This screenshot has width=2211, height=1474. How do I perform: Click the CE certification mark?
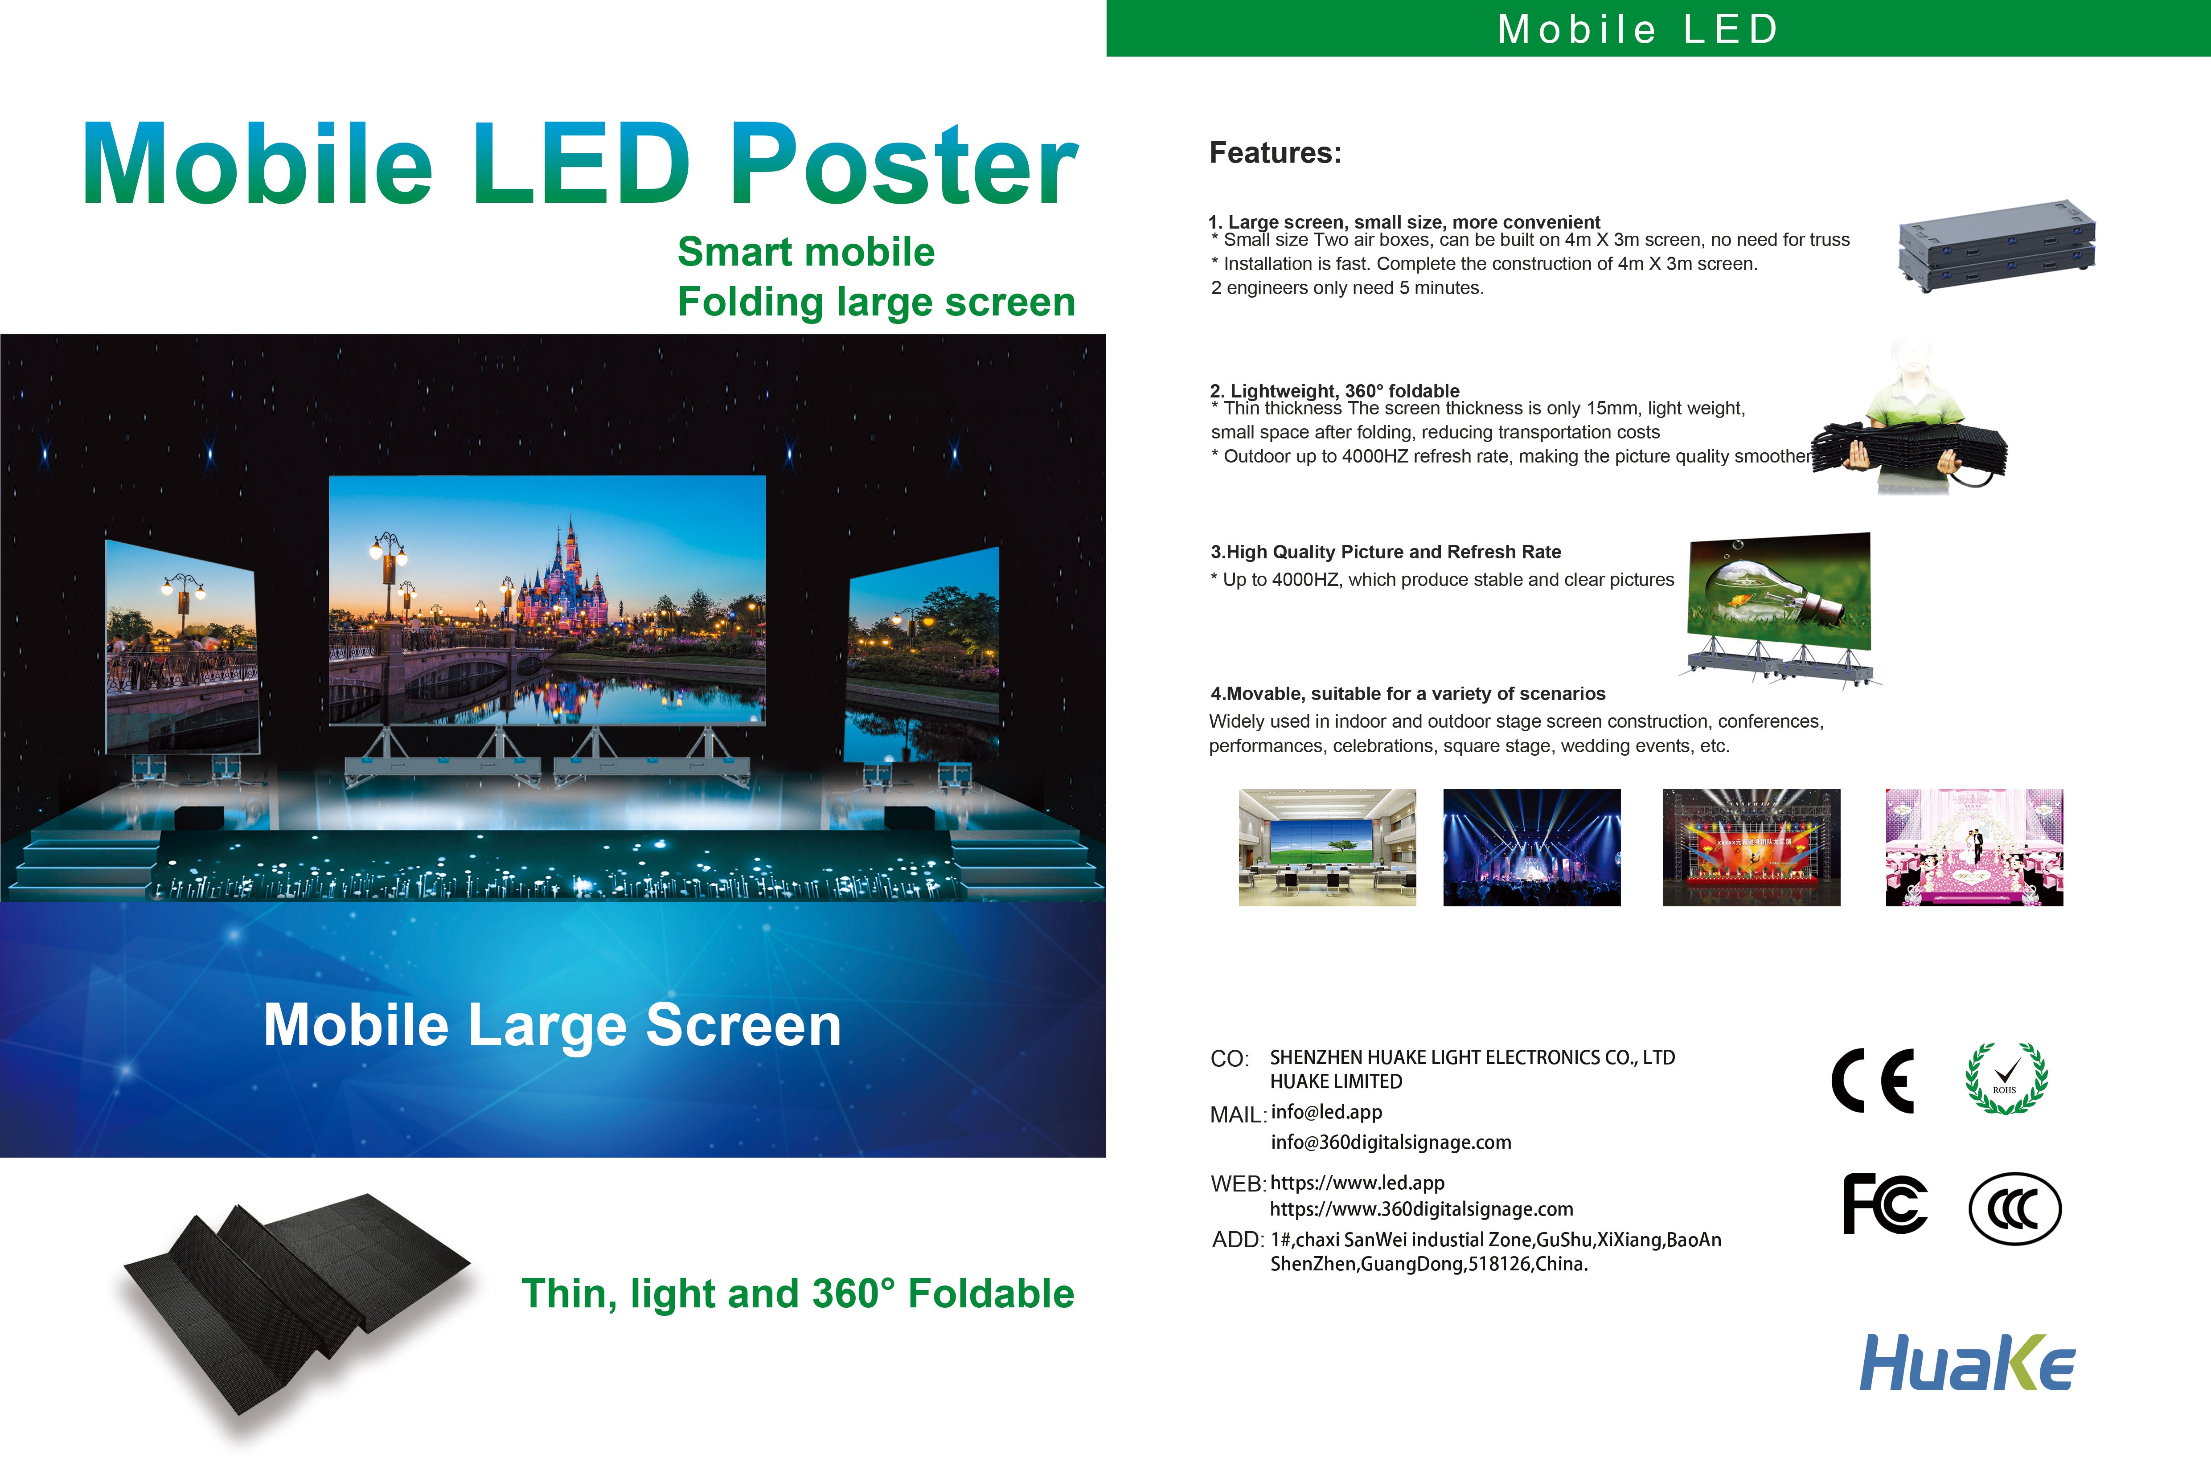point(1872,1080)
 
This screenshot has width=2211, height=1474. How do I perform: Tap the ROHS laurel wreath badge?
point(2006,1079)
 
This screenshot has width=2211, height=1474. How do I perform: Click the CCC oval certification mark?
point(2014,1208)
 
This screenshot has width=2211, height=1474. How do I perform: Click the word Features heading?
point(1275,152)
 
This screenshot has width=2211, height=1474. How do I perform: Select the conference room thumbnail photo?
point(1326,847)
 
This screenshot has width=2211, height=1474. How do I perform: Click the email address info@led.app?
point(1326,1112)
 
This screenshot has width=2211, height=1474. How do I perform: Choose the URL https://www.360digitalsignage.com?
point(1421,1209)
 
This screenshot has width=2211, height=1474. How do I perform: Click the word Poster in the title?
point(903,164)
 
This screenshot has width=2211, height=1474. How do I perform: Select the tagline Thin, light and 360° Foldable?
point(797,1294)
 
